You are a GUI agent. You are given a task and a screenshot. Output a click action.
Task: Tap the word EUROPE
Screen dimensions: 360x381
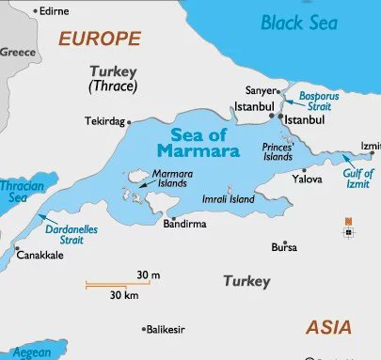pyautogui.click(x=100, y=39)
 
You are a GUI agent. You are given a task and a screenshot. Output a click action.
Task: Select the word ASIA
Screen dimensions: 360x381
pyautogui.click(x=329, y=327)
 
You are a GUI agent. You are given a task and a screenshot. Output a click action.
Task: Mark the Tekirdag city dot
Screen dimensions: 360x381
pyautogui.click(x=129, y=121)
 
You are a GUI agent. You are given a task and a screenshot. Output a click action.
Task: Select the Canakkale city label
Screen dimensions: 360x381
pyautogui.click(x=42, y=256)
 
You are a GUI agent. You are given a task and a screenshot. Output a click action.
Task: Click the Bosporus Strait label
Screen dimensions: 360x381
pyautogui.click(x=318, y=102)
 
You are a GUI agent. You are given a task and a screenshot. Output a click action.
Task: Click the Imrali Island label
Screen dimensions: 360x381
pyautogui.click(x=228, y=199)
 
